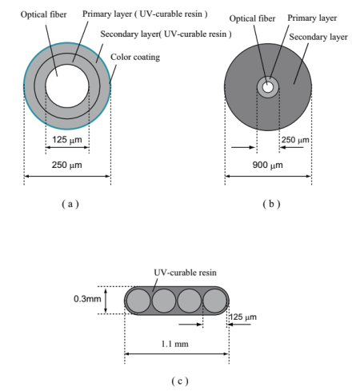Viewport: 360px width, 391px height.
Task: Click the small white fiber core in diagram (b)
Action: pos(268,86)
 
